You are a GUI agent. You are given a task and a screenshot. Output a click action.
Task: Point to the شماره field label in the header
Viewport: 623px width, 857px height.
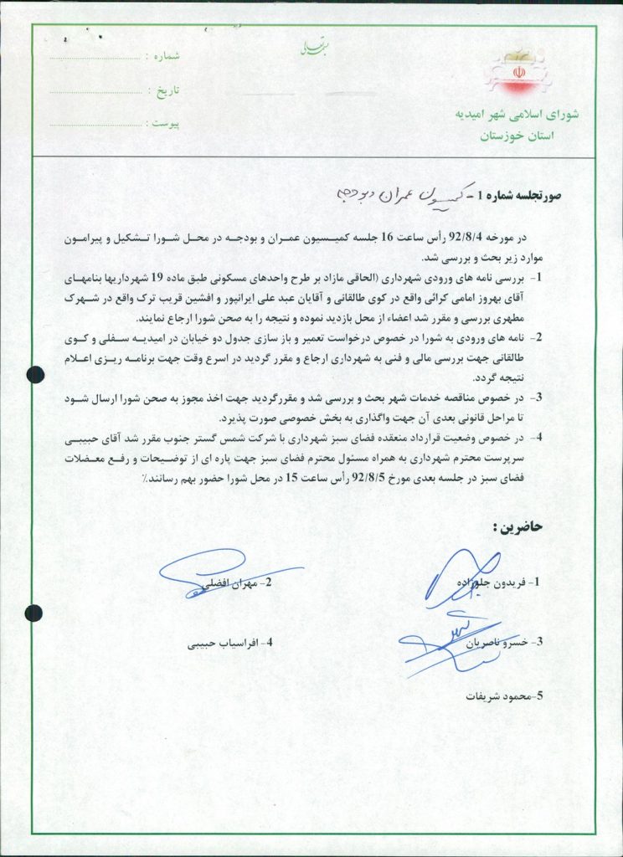[166, 57]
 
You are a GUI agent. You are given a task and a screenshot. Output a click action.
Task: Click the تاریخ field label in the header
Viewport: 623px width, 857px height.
[166, 90]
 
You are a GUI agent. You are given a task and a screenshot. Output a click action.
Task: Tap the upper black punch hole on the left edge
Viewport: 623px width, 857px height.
[34, 374]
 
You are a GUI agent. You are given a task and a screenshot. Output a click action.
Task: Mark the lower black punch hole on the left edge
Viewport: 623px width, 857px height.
[34, 611]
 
